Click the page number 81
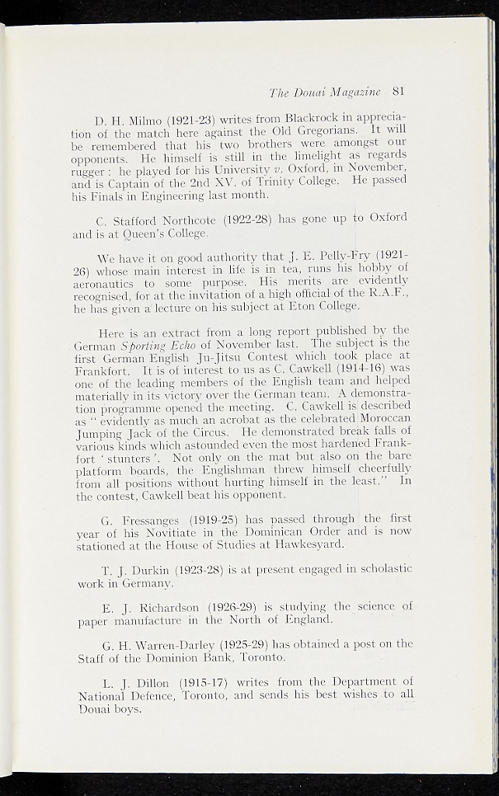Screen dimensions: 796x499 point(400,90)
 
